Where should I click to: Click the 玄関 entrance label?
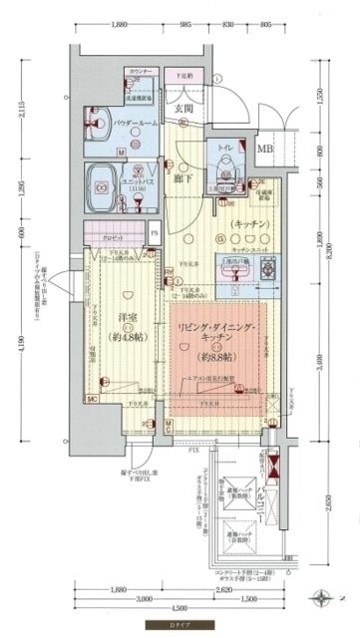[x=184, y=110]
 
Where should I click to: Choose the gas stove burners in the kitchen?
[x=267, y=268]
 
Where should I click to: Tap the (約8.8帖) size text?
[x=217, y=356]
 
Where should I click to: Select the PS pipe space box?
[x=154, y=235]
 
